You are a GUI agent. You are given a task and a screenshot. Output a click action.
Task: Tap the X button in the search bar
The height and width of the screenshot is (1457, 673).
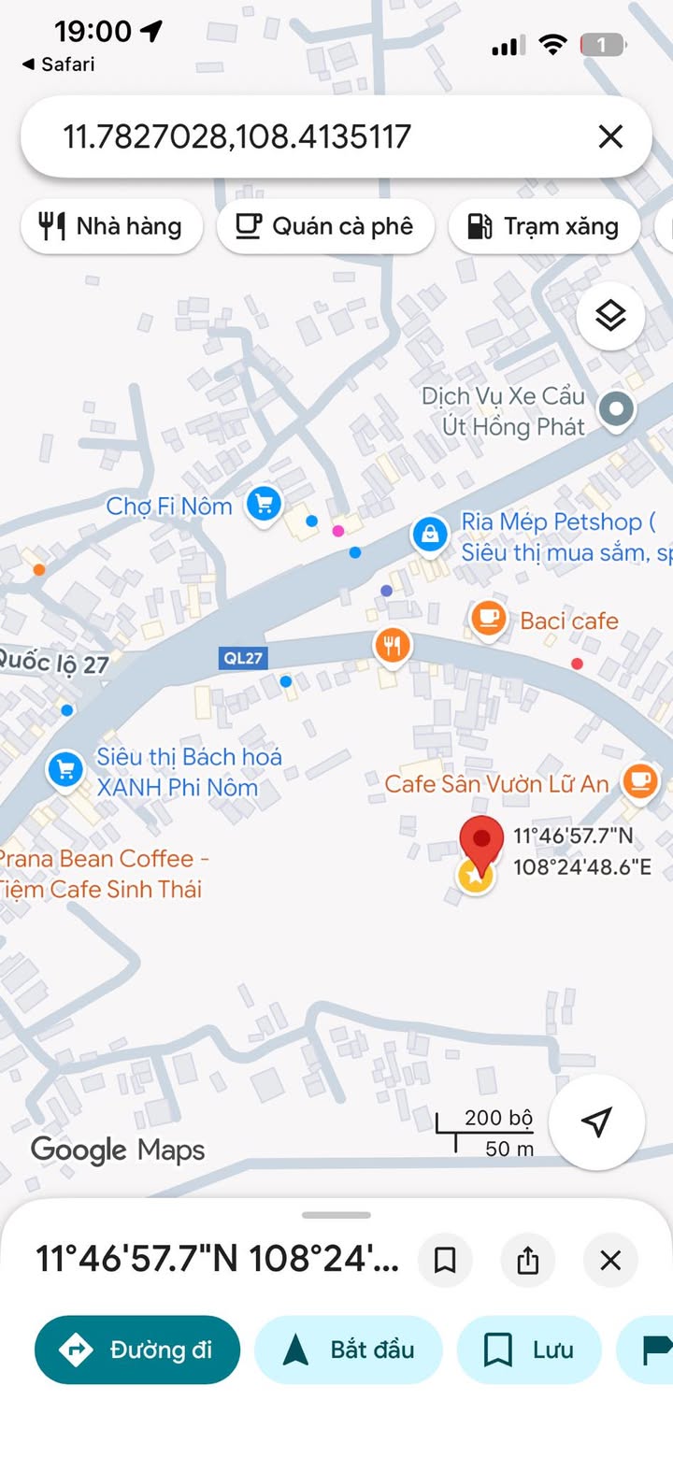coord(610,137)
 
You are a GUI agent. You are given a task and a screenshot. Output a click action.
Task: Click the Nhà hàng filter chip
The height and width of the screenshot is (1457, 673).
coord(111,226)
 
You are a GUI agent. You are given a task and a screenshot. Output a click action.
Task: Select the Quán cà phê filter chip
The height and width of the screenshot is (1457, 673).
coord(325,226)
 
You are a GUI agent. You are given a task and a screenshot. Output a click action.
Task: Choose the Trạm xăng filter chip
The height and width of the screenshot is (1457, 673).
coord(544,226)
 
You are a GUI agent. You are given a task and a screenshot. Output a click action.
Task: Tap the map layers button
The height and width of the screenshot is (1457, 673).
coord(610,317)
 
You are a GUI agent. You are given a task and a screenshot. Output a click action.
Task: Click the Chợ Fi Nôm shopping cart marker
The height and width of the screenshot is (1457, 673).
coord(265,505)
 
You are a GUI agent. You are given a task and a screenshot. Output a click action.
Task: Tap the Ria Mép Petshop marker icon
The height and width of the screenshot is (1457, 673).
coord(429,535)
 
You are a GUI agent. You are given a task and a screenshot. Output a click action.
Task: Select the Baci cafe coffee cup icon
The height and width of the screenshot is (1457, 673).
coord(488,618)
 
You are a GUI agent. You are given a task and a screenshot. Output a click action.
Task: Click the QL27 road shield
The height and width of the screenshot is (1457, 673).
coord(243,658)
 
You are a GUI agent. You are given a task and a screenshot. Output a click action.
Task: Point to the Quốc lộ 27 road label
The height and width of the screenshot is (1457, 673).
coord(53,663)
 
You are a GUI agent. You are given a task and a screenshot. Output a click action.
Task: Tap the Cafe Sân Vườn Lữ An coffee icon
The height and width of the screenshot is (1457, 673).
coord(639,780)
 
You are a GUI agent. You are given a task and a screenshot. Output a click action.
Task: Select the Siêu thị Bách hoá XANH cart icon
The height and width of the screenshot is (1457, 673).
coord(64,771)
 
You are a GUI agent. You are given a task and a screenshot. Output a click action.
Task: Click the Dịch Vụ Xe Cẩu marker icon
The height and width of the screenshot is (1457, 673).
coord(616,408)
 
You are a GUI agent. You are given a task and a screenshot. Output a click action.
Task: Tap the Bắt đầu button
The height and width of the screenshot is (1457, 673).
coord(348,1350)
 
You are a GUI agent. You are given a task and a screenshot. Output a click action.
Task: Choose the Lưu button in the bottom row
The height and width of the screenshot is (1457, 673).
coord(528,1350)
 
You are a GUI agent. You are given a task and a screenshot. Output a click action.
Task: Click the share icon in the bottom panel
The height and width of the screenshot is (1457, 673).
coord(528,1261)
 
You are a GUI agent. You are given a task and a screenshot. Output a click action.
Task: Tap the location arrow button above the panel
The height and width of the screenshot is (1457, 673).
coord(596,1121)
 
